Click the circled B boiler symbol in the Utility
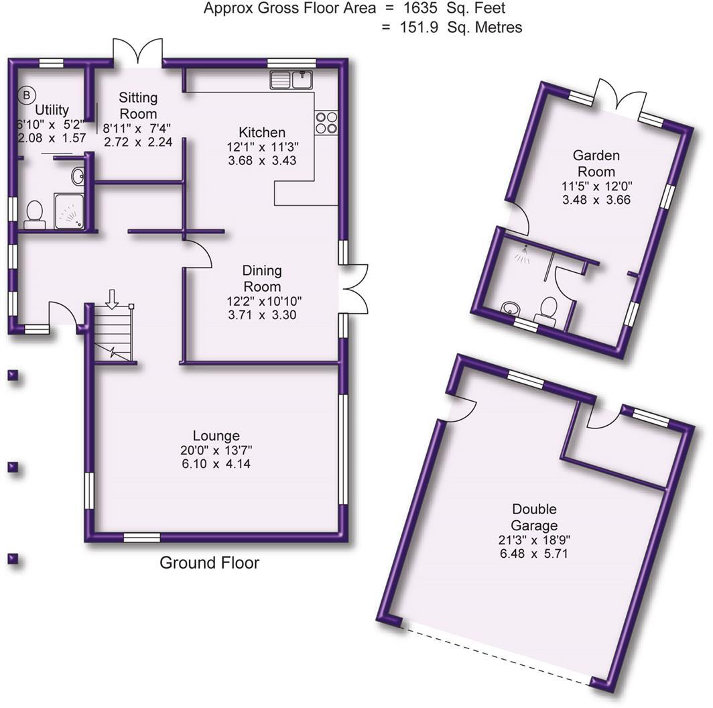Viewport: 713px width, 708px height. (26, 95)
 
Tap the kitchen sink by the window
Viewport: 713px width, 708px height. (292, 80)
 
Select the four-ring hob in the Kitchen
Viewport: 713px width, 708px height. (326, 121)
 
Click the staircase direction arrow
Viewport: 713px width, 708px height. (112, 298)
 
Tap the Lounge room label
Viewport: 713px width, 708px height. (215, 436)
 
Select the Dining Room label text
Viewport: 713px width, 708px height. (262, 278)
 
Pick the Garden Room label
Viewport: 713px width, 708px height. (596, 164)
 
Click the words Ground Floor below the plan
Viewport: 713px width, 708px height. (209, 563)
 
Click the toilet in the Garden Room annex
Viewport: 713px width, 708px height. (548, 311)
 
